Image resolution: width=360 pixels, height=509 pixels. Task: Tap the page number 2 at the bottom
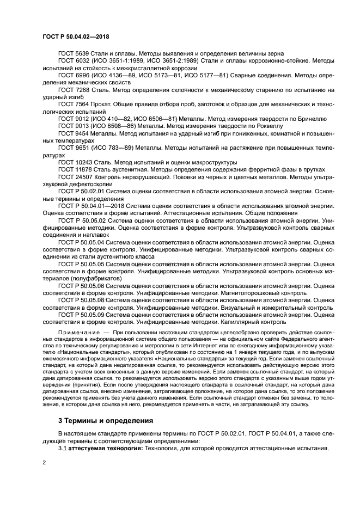pos(44,462)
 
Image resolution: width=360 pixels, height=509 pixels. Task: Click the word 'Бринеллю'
pos(311,118)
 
